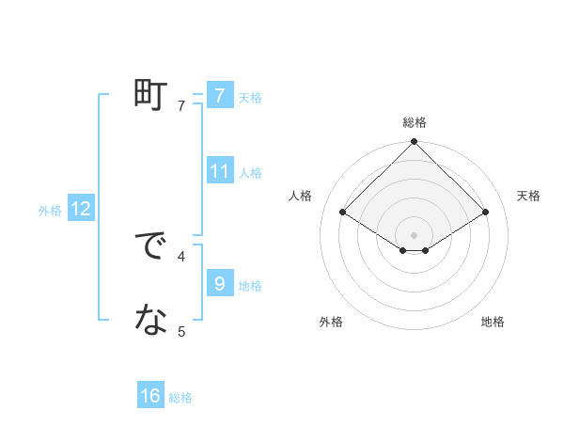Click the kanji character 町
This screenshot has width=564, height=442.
tap(150, 95)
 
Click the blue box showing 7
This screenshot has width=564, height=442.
tap(219, 96)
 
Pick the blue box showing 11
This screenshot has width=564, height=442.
tap(219, 171)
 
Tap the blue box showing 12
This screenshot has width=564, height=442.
tap(80, 209)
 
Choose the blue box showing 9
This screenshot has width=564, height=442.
tap(219, 284)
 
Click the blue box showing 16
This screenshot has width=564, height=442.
tap(150, 396)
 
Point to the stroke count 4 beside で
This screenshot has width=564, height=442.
tap(181, 255)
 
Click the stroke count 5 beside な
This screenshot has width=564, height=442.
tap(181, 330)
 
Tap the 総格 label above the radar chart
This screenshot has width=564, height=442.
tap(415, 122)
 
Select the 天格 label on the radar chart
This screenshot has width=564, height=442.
tap(528, 196)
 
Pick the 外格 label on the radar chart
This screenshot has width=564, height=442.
tap(331, 322)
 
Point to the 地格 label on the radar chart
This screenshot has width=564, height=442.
tap(493, 322)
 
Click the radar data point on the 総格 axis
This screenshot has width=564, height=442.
tap(415, 142)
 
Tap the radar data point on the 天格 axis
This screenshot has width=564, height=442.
tap(486, 213)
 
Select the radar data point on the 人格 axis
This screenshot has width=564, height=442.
tap(343, 213)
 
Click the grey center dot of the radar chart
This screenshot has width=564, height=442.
tap(415, 234)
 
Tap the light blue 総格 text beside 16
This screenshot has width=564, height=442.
tap(180, 398)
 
